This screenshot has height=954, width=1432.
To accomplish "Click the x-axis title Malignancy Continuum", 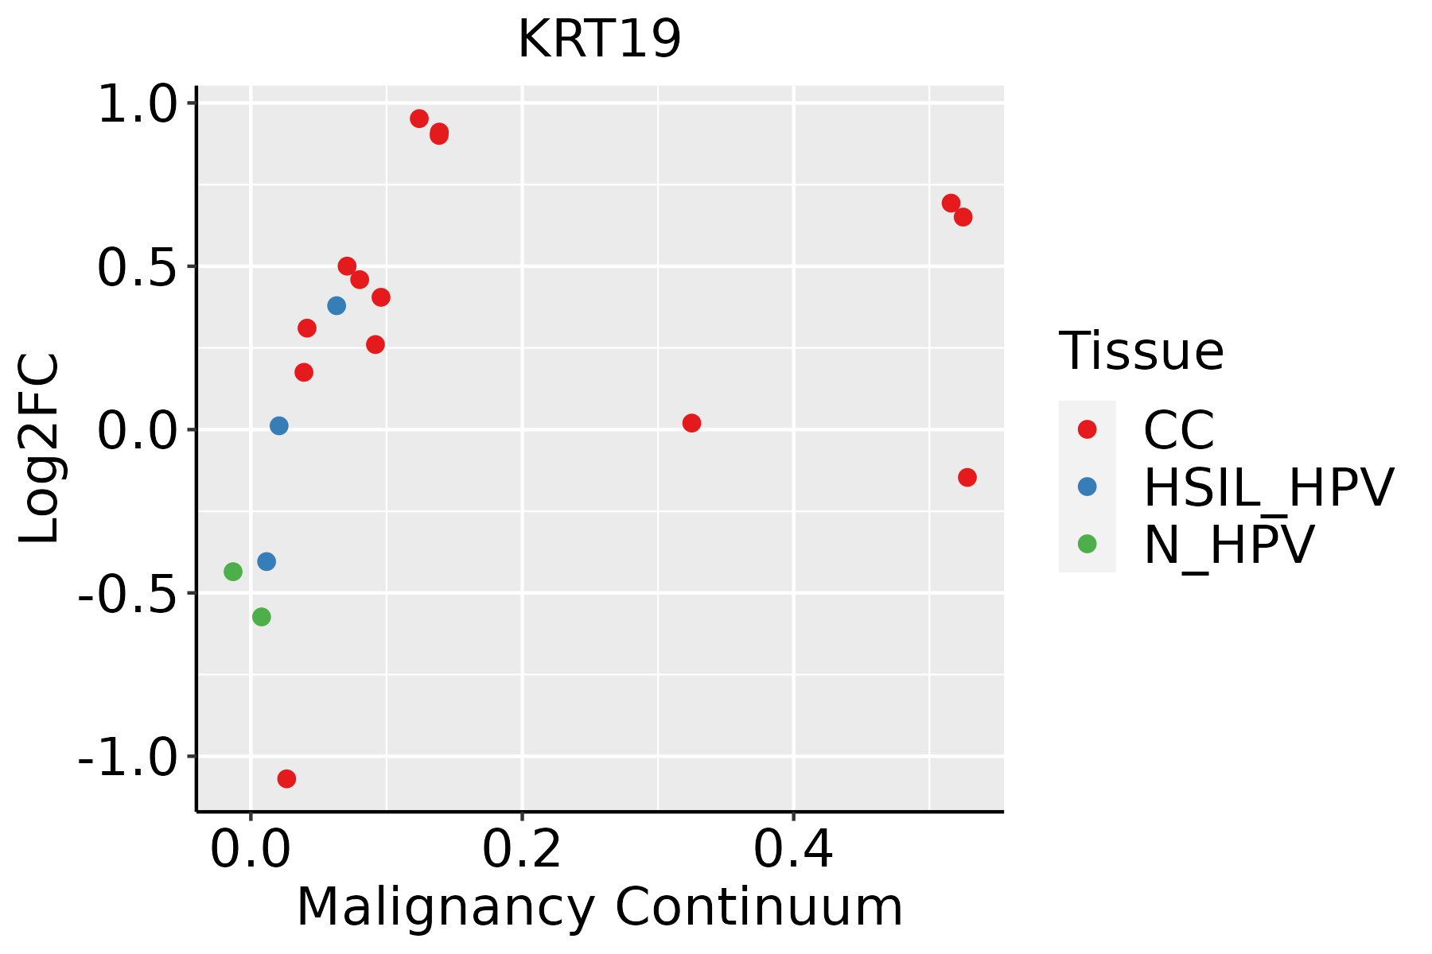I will click(x=599, y=907).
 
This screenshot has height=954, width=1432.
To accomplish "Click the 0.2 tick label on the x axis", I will click(x=522, y=851).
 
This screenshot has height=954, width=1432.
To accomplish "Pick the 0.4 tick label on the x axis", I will click(x=793, y=851).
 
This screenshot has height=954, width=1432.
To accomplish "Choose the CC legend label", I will click(x=1178, y=430).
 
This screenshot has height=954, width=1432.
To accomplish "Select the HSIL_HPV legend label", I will click(x=1268, y=487).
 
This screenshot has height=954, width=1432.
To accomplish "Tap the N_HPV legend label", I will click(x=1228, y=545).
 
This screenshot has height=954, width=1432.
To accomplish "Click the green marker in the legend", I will click(x=1087, y=545).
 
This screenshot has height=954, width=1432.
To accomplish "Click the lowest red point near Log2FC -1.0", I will click(x=286, y=779).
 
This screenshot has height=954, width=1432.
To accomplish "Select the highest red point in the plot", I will click(x=419, y=119).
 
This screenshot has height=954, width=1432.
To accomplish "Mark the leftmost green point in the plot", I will click(x=232, y=572).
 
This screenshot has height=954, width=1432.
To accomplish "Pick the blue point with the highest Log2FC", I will click(x=337, y=306).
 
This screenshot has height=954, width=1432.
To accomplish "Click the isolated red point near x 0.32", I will click(x=691, y=423).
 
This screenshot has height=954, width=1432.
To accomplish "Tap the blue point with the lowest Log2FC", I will click(x=267, y=562).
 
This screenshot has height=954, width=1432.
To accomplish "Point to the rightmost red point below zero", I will click(x=967, y=478).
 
